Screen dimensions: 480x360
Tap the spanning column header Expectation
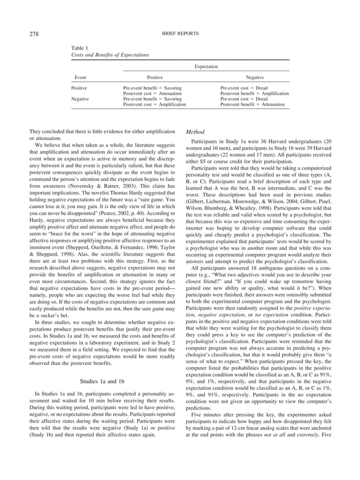pyautogui.click(x=207, y=67)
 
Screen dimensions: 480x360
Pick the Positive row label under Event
pyautogui.click(x=80, y=89)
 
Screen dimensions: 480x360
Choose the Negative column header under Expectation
pyautogui.click(x=254, y=78)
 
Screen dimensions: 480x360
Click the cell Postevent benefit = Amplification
pyautogui.click(x=254, y=94)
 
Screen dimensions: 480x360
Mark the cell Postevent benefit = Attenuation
pyautogui.click(x=252, y=104)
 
